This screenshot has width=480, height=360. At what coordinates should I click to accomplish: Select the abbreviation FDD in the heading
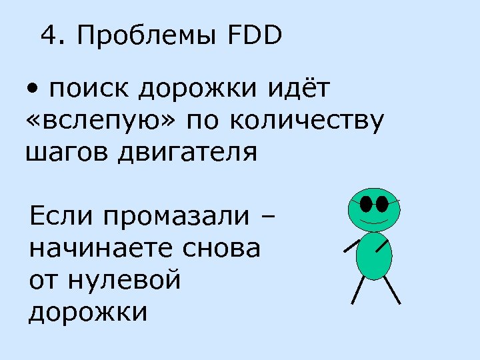pos(255,35)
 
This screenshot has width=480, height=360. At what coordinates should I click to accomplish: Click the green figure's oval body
pos(373,257)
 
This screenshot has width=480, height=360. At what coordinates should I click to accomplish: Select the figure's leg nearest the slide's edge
pos(392,291)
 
